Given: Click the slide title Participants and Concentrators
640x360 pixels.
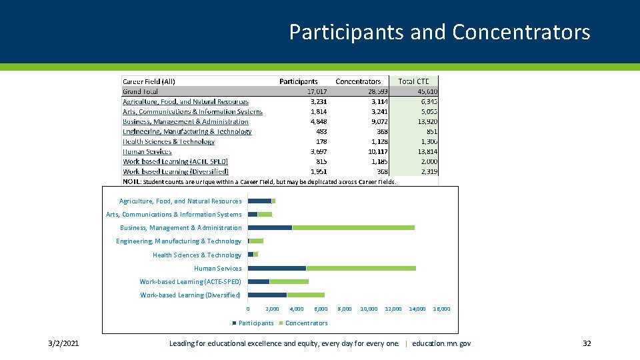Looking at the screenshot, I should (x=439, y=32).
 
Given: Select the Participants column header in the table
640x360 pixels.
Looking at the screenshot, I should (x=298, y=81).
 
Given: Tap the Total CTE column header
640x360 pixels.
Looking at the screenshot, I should (x=413, y=81).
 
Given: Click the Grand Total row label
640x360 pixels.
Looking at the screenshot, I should (x=140, y=91).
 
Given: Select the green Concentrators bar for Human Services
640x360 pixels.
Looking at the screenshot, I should (x=361, y=268).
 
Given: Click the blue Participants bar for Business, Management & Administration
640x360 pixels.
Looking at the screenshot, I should (x=269, y=228).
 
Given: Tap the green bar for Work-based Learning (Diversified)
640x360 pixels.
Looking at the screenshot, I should (x=305, y=295).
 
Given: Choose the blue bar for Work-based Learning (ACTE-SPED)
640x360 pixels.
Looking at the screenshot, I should (x=258, y=281).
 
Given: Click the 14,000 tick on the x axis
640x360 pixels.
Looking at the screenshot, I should (x=417, y=309).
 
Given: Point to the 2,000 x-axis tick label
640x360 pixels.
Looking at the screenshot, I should (x=272, y=309).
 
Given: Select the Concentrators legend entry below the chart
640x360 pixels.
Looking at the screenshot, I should (x=305, y=323).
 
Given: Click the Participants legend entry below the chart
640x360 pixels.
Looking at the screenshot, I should (x=255, y=323).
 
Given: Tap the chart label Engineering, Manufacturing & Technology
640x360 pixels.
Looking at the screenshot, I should (x=179, y=241).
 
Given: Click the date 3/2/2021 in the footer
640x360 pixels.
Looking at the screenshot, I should (x=63, y=343).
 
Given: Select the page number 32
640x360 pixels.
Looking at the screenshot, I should (x=587, y=343).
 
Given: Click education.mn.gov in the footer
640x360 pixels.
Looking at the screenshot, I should (x=441, y=343).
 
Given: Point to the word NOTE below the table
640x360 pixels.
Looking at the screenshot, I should (x=131, y=181).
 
